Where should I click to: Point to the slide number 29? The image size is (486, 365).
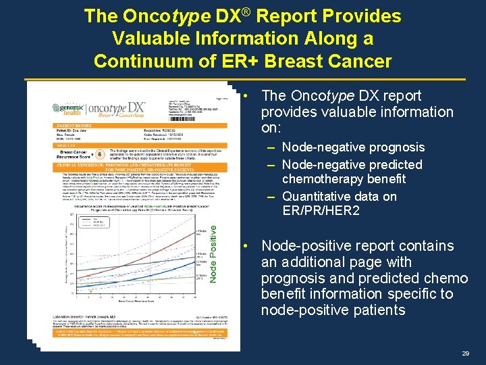point(465,354)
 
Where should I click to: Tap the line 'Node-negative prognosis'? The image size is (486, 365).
point(353,147)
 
